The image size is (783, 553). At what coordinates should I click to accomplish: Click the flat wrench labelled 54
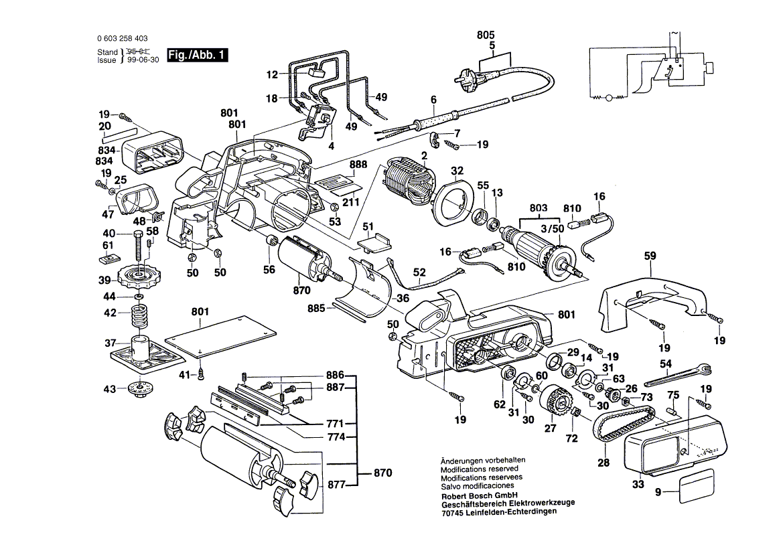click(x=677, y=374)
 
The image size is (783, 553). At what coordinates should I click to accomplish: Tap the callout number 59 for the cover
click(x=650, y=255)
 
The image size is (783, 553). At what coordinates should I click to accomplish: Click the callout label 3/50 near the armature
click(x=552, y=228)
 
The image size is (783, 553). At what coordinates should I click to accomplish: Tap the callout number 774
click(x=336, y=437)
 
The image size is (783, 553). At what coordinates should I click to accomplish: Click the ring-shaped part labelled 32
click(x=457, y=205)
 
